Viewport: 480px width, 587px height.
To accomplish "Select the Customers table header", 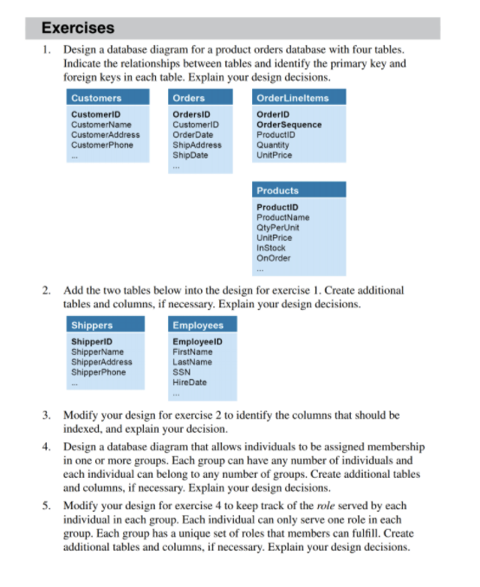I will pyautogui.click(x=95, y=98).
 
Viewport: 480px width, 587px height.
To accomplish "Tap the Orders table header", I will pyautogui.click(x=189, y=98).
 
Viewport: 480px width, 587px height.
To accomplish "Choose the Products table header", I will pyautogui.click(x=277, y=190).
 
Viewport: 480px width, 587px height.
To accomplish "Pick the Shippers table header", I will pyautogui.click(x=92, y=325).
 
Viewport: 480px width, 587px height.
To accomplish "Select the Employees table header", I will pyautogui.click(x=198, y=325).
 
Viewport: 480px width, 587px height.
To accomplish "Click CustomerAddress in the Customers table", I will pyautogui.click(x=105, y=134).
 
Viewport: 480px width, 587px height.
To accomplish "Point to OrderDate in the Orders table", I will pyautogui.click(x=192, y=134).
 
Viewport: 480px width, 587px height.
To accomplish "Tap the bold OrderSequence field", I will pyautogui.click(x=289, y=124).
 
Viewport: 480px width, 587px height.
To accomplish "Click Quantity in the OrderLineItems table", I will pyautogui.click(x=274, y=145).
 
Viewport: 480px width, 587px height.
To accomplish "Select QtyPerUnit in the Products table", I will pyautogui.click(x=277, y=227).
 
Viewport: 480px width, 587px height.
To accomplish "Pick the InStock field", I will pyautogui.click(x=272, y=247).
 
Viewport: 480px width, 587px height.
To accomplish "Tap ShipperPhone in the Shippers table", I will pyautogui.click(x=98, y=372).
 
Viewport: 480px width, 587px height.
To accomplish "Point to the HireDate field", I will pyautogui.click(x=190, y=382).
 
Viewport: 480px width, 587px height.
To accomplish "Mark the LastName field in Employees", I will pyautogui.click(x=191, y=362).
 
